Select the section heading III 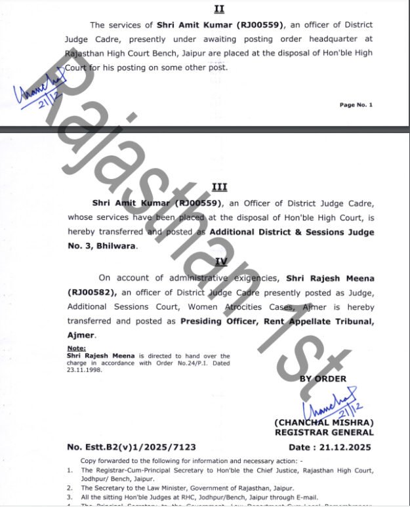coord(219,187)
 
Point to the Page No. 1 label coord(356,105)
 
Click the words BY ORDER coord(323,379)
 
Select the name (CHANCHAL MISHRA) coord(324,422)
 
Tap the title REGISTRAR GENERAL coord(324,432)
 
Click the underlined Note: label coord(76,348)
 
